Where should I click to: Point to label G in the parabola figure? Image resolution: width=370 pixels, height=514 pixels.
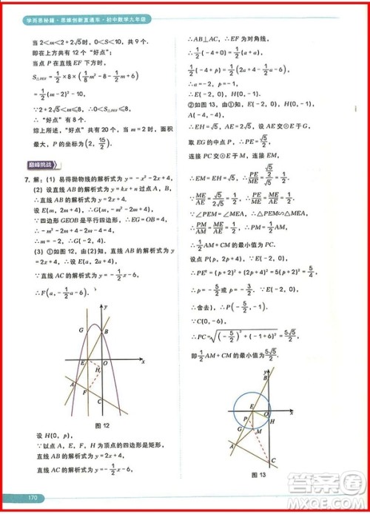click(81, 331)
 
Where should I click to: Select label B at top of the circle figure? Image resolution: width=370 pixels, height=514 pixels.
click(264, 378)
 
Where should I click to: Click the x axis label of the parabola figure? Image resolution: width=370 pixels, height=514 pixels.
click(141, 360)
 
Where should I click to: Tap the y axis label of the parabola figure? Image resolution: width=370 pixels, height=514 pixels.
click(107, 306)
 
